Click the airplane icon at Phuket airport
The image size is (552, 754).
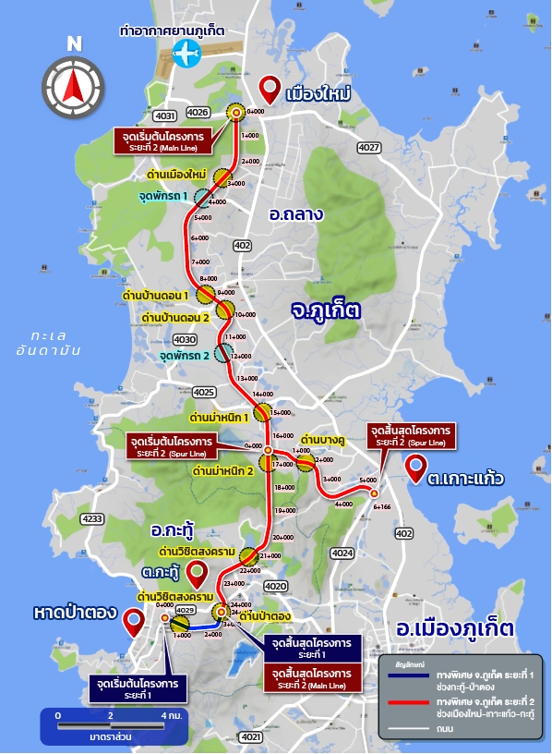pos(186,54)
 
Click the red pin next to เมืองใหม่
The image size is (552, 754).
pos(270,89)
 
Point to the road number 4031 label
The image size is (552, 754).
pos(165,116)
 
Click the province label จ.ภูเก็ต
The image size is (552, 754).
pos(324,307)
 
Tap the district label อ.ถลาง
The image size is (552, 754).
pos(295,214)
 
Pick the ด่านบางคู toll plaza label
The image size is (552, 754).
pos(322,438)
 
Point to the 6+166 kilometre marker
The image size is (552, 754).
pos(382,506)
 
